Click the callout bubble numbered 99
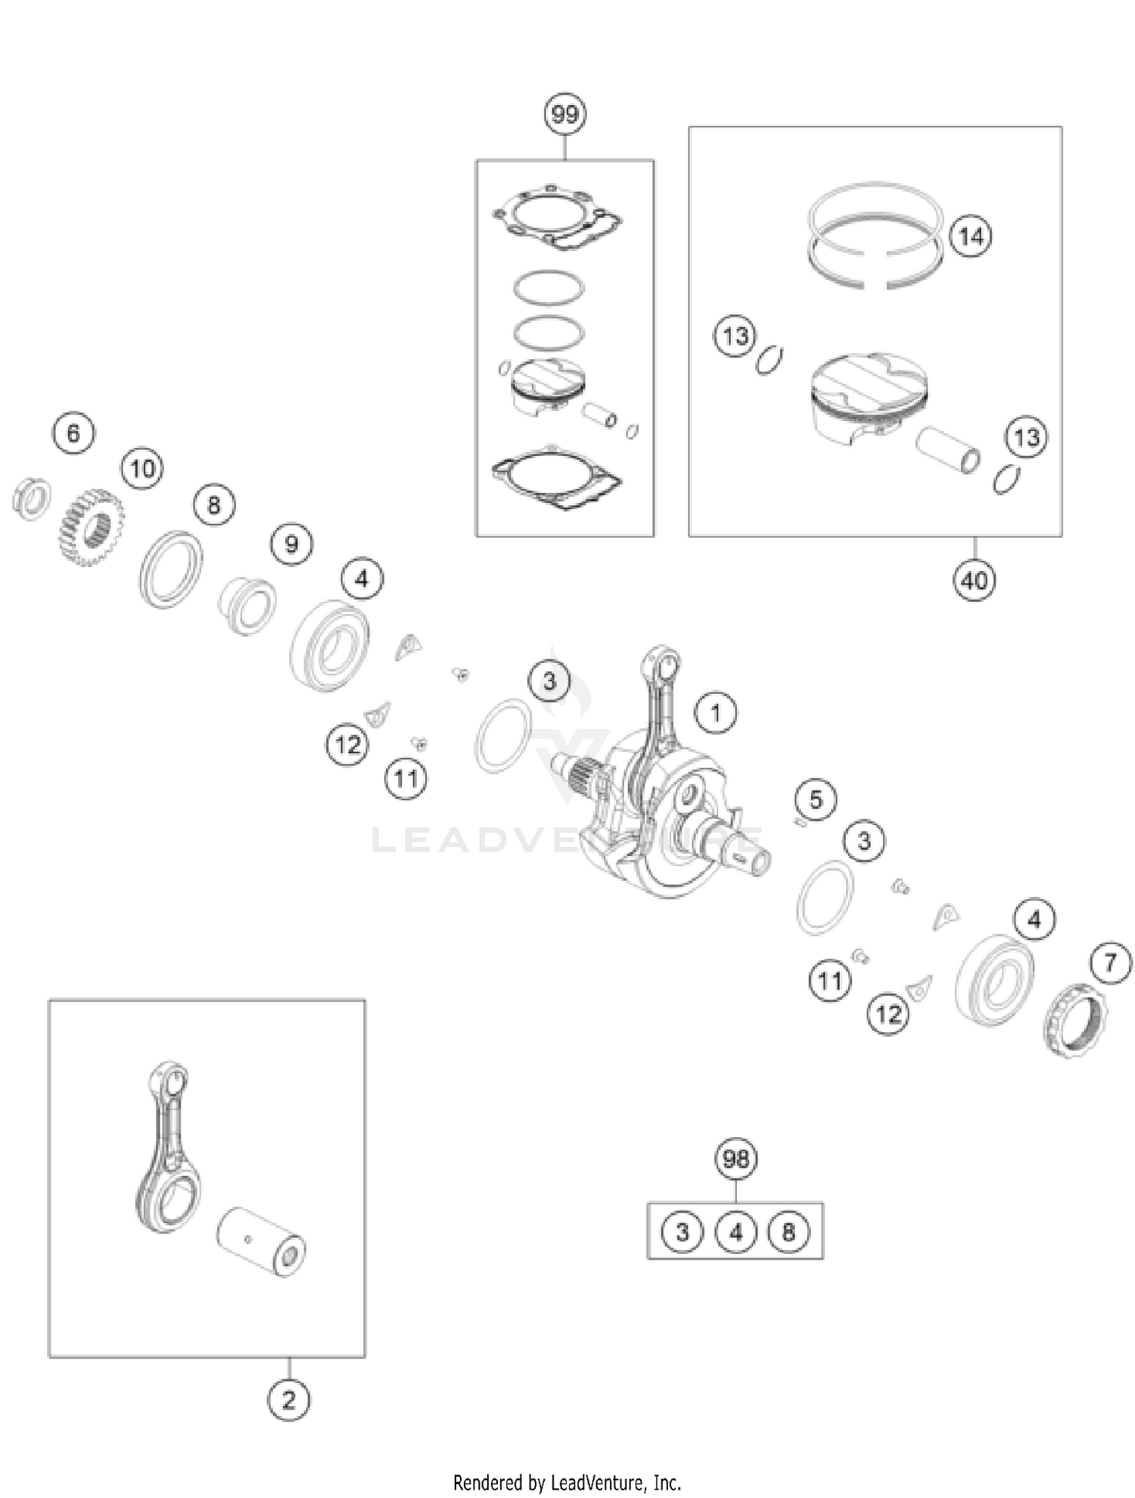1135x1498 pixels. click(565, 114)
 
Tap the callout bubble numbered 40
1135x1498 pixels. click(974, 580)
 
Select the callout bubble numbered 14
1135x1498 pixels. click(971, 236)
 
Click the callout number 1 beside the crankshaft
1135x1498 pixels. click(715, 712)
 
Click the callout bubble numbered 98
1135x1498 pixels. click(735, 1158)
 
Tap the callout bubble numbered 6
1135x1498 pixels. click(73, 433)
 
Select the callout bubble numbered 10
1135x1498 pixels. click(142, 469)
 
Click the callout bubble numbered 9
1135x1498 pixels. click(291, 543)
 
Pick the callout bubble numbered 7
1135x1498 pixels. click(1111, 963)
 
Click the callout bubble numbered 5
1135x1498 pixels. click(816, 799)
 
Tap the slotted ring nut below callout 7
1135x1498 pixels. click(1074, 1021)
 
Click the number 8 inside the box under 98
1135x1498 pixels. click(788, 1232)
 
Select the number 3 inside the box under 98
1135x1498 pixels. click(682, 1232)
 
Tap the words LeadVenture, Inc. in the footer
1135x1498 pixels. click(616, 1482)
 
